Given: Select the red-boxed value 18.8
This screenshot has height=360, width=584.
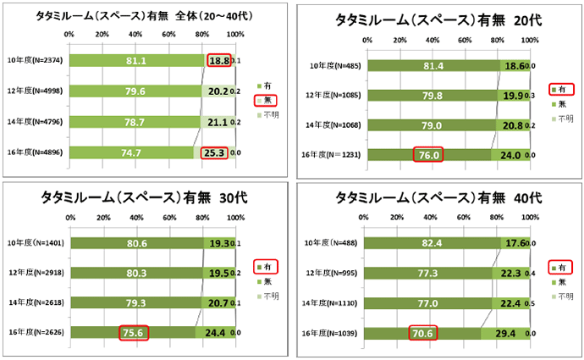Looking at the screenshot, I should (x=218, y=61).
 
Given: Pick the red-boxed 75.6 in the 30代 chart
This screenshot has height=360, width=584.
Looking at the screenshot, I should (x=133, y=332).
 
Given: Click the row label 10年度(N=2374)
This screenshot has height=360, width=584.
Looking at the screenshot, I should (x=36, y=61).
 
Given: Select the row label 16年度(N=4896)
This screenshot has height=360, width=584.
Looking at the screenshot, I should (x=36, y=153).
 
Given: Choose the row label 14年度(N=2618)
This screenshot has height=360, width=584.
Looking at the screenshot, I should (x=36, y=302).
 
